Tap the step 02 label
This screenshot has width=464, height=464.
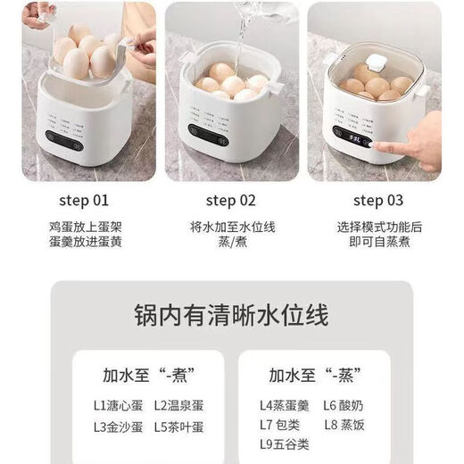pyautogui.click(x=230, y=200)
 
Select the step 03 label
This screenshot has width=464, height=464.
pyautogui.click(x=378, y=200)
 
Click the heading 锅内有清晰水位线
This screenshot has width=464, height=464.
pyautogui.click(x=231, y=316)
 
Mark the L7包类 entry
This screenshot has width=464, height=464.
pyautogui.click(x=282, y=427)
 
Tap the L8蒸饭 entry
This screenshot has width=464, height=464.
pyautogui.click(x=344, y=427)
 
